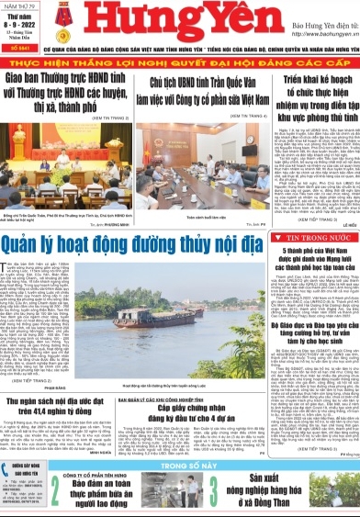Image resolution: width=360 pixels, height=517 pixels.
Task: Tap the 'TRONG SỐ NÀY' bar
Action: point(180,439)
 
